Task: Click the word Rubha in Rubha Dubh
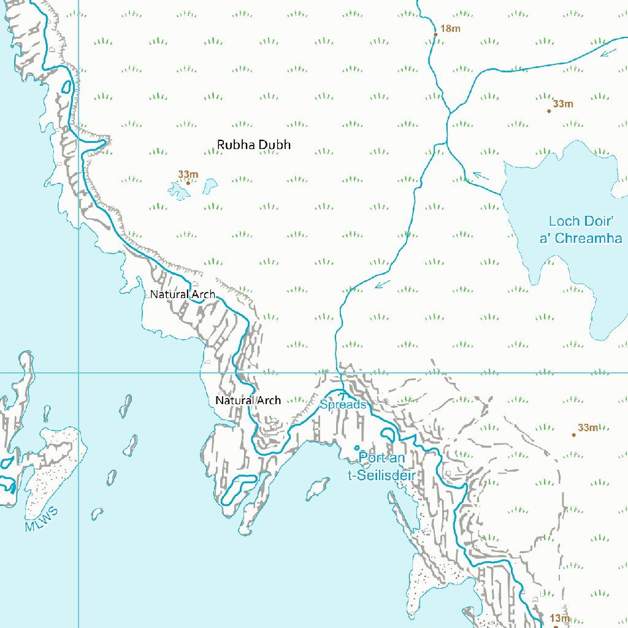[235, 145]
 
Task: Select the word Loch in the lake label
[564, 221]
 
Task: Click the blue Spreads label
[343, 405]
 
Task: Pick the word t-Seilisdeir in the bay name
[381, 476]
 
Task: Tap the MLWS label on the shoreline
[42, 519]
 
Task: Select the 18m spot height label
[450, 28]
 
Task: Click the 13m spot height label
[560, 618]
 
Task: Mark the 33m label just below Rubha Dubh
[188, 175]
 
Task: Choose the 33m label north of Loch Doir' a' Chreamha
[563, 104]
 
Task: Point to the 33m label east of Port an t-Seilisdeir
[588, 427]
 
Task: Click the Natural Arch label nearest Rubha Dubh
[183, 294]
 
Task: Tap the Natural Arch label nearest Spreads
[248, 400]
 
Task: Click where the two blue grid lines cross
[78, 372]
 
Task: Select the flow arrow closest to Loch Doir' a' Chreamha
[481, 176]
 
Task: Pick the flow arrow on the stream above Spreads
[383, 283]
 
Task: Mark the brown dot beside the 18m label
[435, 34]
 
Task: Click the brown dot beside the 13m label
[556, 627]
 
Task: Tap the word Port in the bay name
[373, 458]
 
